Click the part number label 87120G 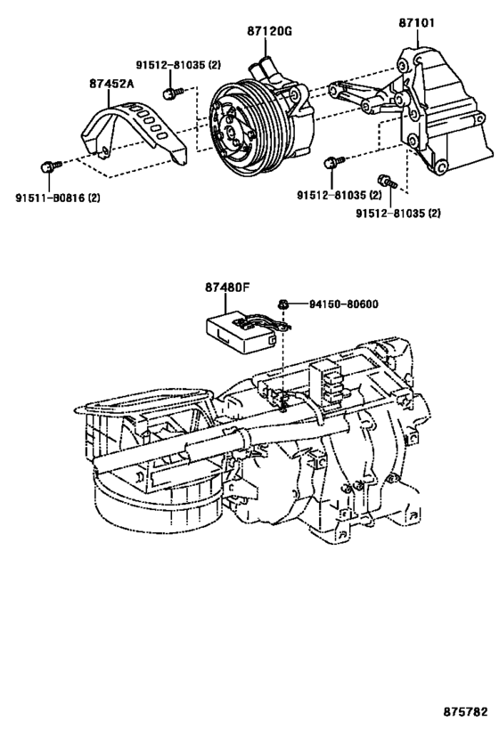click(269, 31)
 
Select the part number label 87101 click(416, 22)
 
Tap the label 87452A click(111, 84)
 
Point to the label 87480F click(227, 288)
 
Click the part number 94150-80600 click(344, 304)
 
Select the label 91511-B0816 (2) click(58, 198)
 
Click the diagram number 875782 click(465, 711)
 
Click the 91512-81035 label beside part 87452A click(178, 65)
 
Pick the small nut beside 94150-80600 click(282, 304)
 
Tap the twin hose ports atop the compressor click(264, 69)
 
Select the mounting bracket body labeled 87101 click(445, 111)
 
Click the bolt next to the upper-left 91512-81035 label click(172, 93)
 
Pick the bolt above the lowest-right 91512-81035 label click(387, 181)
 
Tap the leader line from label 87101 click(417, 37)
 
